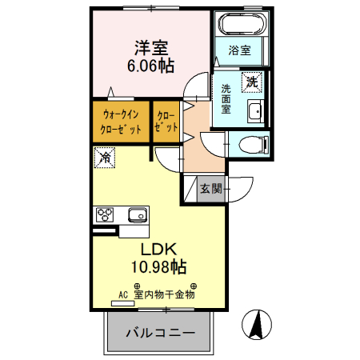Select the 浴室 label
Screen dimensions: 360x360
coord(239,50)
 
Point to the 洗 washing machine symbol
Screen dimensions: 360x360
coord(251,81)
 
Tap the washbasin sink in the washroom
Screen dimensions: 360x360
coord(255,111)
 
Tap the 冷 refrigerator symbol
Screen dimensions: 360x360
coord(105,158)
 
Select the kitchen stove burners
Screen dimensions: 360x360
coord(106,214)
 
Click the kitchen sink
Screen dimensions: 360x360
coord(134,214)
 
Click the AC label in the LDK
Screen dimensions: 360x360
coord(123,294)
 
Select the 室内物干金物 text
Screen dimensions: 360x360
coord(165,294)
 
